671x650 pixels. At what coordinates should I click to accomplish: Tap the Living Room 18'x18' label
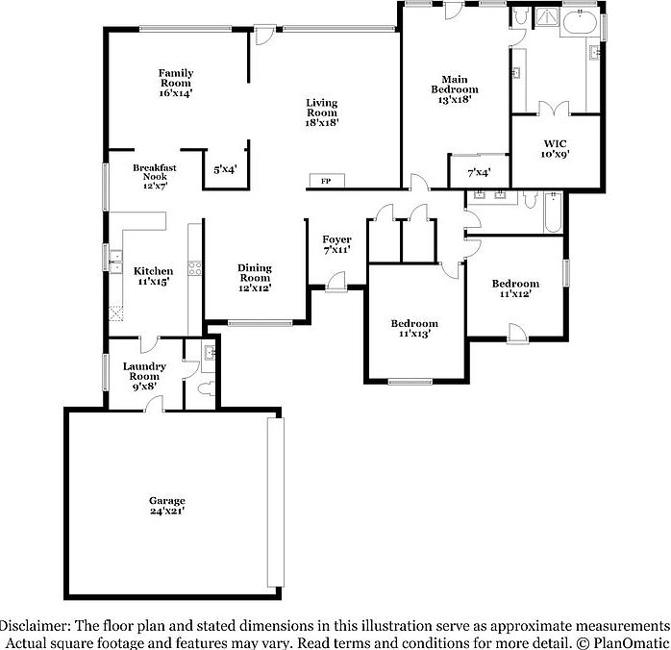322,112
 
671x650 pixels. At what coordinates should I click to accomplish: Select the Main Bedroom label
454,87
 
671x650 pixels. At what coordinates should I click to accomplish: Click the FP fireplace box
326,181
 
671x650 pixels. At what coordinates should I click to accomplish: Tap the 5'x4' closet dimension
225,170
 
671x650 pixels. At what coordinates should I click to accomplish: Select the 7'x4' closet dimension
479,173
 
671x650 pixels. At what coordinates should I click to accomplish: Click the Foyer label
336,244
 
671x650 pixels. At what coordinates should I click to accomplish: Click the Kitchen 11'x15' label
153,276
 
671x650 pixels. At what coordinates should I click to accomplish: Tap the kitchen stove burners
194,267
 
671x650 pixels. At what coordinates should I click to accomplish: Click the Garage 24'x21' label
166,507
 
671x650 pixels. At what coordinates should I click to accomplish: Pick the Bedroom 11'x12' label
515,288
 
